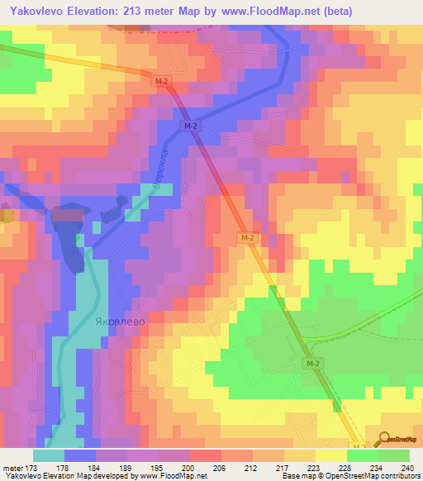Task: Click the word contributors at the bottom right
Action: pyautogui.click(x=400, y=476)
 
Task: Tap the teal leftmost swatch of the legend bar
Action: pyautogui.click(x=49, y=455)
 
